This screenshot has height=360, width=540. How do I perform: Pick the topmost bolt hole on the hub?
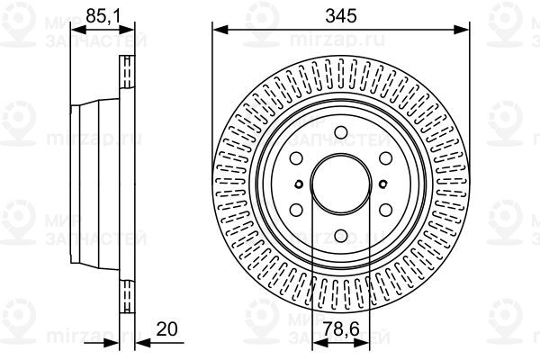click(341, 136)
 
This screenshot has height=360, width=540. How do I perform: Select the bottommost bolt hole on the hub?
click(341, 238)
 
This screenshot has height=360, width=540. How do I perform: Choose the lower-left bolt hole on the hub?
click(297, 213)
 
